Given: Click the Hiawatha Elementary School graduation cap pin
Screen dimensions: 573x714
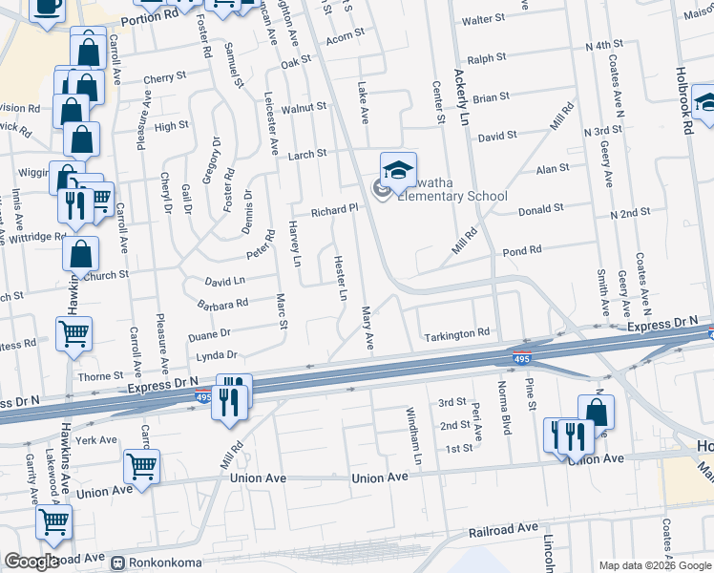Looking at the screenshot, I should [x=398, y=171].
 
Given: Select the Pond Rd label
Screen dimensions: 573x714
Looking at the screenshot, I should [x=521, y=250].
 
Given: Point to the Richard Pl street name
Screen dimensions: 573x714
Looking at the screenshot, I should [x=331, y=209].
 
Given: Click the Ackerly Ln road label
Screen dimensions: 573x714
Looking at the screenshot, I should [x=464, y=96].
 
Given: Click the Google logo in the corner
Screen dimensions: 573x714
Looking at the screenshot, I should [x=31, y=562].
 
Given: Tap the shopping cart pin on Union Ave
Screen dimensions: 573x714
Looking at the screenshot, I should [x=141, y=467].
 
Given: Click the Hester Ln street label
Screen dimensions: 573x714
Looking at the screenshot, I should [x=340, y=277].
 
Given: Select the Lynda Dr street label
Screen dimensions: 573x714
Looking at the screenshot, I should [x=216, y=355].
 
